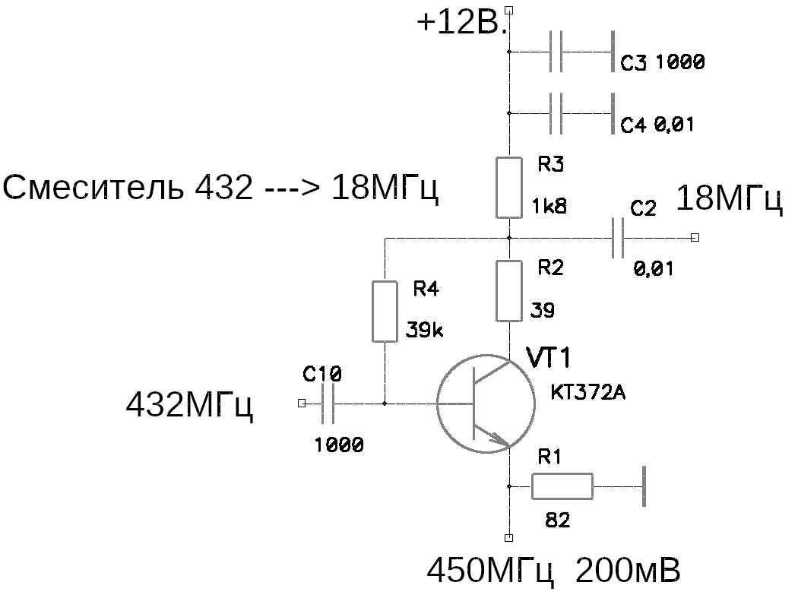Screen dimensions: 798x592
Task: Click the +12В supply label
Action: point(462,23)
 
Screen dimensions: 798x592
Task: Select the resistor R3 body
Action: point(509,187)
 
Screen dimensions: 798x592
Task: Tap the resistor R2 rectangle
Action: point(509,290)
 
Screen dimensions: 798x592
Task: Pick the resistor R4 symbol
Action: point(385,311)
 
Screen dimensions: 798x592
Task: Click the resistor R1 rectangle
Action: point(562,486)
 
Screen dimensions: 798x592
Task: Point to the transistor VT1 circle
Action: point(436,403)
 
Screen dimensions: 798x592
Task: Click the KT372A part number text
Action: point(587,392)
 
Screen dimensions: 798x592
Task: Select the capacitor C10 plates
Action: point(328,403)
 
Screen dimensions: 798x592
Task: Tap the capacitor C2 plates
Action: point(617,238)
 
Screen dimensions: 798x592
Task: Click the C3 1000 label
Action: point(663,62)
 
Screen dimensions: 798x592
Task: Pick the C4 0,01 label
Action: point(657,124)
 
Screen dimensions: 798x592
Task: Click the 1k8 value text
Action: point(549,206)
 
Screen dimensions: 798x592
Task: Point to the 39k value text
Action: point(424,331)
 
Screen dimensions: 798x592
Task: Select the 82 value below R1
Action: point(558,521)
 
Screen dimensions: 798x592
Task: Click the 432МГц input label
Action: point(189,405)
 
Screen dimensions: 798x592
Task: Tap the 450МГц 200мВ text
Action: point(554,571)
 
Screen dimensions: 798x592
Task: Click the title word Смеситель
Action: point(93,187)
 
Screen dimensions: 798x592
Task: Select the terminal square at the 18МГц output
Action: point(695,238)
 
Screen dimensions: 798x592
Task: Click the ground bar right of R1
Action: point(644,486)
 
